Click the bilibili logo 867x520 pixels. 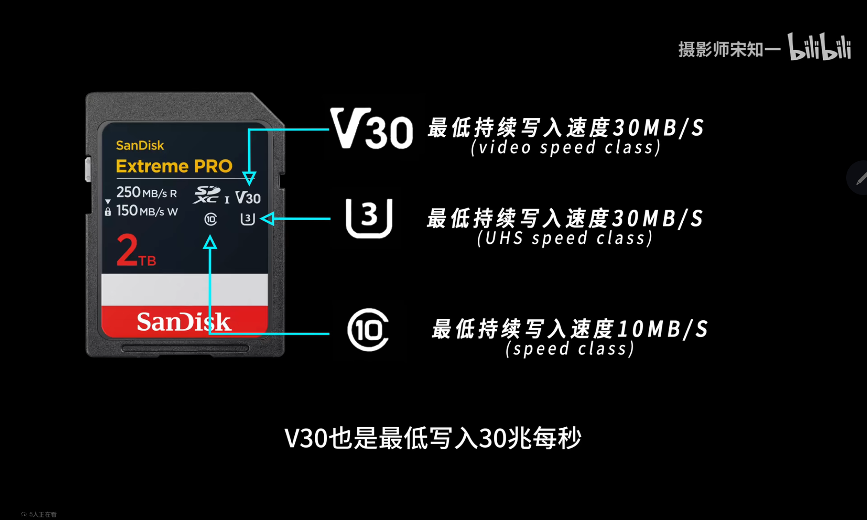[x=819, y=47]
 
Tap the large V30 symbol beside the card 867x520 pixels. [x=372, y=129]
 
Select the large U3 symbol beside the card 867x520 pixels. [x=369, y=218]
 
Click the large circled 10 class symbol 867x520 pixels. [x=368, y=330]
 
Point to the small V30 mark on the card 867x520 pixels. [x=248, y=198]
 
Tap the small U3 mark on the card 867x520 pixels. [x=248, y=219]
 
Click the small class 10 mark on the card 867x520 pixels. [x=211, y=219]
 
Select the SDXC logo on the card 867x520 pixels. [x=207, y=195]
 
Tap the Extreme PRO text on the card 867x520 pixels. [x=174, y=166]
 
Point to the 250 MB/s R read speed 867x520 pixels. [x=147, y=192]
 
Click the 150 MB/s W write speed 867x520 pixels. [x=147, y=211]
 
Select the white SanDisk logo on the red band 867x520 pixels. [x=184, y=322]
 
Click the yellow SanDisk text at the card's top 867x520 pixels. [x=140, y=145]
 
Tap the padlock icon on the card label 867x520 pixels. [x=108, y=211]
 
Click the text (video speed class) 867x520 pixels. [x=566, y=147]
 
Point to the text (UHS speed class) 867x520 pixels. [x=565, y=238]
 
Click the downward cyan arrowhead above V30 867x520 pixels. [x=249, y=178]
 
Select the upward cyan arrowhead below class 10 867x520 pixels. [x=210, y=242]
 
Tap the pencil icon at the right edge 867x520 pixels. [x=861, y=178]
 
